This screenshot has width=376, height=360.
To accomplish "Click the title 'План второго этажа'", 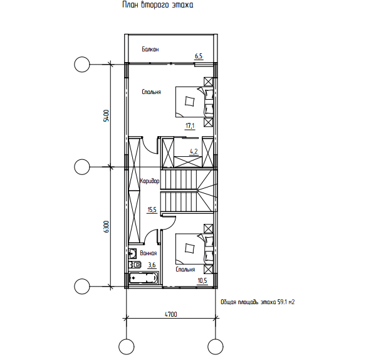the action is tap(157, 5).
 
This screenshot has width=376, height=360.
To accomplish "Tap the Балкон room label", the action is tap(150, 49).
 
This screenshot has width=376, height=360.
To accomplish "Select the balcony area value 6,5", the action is tap(199, 56).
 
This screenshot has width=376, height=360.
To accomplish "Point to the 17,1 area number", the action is tap(190, 125).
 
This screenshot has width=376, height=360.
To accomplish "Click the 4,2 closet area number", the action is tap(194, 151).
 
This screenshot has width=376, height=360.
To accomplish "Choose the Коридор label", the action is tap(150, 181).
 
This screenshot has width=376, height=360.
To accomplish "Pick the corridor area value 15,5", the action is tap(152, 210).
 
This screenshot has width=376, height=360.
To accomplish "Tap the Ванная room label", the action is tap(149, 253).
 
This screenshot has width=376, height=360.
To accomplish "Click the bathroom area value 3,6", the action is tap(152, 265).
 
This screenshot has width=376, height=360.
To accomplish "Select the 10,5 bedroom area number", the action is tap(202, 280).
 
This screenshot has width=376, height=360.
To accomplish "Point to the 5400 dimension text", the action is tap(106, 115).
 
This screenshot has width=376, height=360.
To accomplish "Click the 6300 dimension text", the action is tap(106, 226).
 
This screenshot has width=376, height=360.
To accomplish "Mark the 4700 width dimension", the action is tap(170, 314).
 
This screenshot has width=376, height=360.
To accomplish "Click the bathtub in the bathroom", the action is tap(144, 278).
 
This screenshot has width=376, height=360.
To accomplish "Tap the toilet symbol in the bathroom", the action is tap(135, 265).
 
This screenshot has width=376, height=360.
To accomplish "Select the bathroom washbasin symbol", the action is tap(133, 253).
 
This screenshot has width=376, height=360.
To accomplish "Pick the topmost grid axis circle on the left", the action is tap(82, 65).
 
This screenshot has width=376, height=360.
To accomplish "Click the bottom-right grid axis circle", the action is tap(216, 347).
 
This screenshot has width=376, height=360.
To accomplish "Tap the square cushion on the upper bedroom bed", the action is tap(190, 101).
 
